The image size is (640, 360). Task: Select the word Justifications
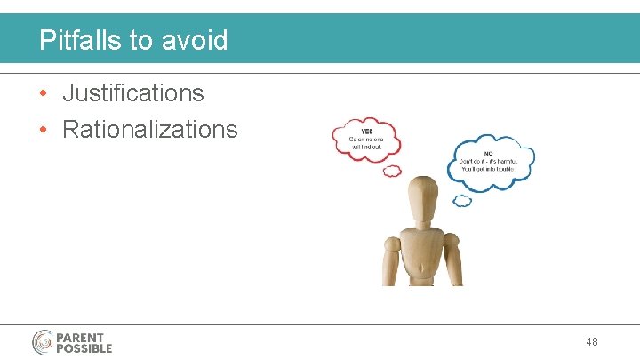132,92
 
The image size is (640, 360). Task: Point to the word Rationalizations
149,130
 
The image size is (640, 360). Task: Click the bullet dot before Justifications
44,93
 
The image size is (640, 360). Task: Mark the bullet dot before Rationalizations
44,131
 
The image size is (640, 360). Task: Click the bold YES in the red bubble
355,132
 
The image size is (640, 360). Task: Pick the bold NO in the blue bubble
463,152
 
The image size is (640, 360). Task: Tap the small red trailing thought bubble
391,171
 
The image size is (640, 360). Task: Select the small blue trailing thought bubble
462,201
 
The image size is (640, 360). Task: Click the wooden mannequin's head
421,192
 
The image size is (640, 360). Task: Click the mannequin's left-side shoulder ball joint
391,241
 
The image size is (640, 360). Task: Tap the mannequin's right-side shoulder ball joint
451,240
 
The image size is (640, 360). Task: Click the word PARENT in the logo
80,338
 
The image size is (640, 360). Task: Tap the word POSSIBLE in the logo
84,348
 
